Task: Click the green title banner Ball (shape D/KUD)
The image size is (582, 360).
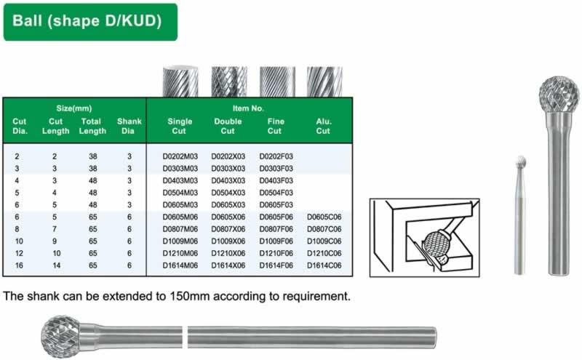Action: tap(90, 22)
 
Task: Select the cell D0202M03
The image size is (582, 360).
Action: tap(180, 156)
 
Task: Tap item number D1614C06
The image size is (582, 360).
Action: tap(324, 265)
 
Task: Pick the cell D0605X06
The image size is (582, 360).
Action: tap(228, 217)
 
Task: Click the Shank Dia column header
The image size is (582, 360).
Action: tap(129, 127)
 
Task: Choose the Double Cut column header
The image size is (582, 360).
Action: tap(228, 127)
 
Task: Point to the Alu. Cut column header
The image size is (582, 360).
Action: tap(324, 127)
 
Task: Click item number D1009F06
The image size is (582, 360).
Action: tap(276, 241)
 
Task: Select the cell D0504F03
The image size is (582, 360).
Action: tap(276, 193)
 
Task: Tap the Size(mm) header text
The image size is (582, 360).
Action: tap(74, 108)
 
